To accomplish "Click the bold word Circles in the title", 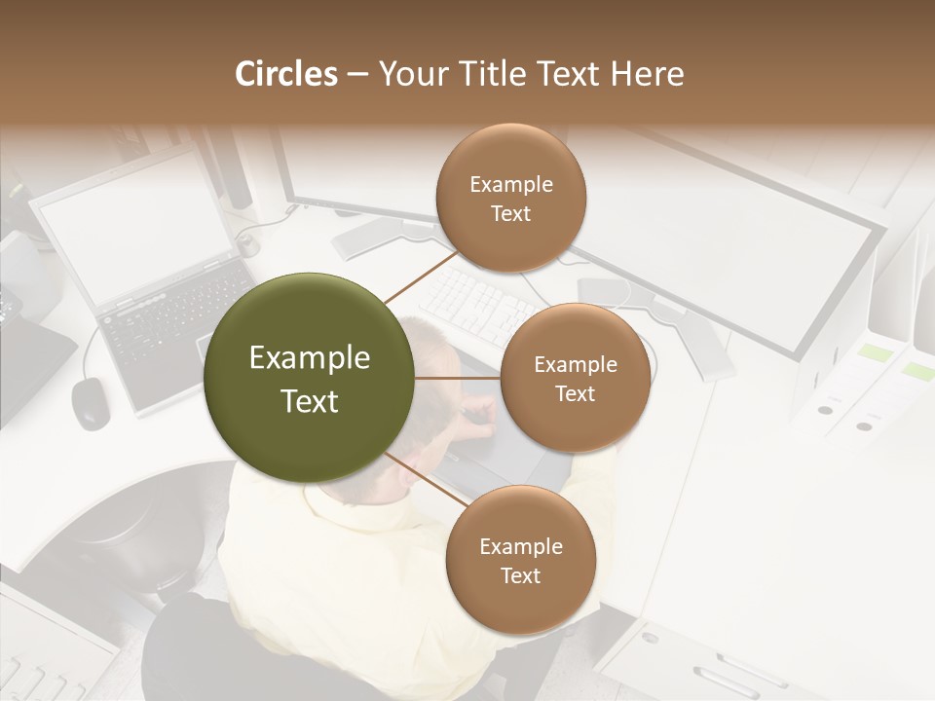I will coord(285,74).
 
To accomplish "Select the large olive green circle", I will coord(310,378).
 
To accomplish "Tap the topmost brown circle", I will coord(510,198).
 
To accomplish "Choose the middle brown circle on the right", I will coord(575,378).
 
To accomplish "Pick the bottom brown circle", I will coord(520,560).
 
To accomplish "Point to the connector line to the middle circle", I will coord(458,378).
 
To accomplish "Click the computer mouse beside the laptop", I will coord(91,401).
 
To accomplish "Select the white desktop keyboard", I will coord(477,302).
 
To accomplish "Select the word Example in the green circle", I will coord(310,358).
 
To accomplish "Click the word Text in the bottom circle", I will coord(520,575).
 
